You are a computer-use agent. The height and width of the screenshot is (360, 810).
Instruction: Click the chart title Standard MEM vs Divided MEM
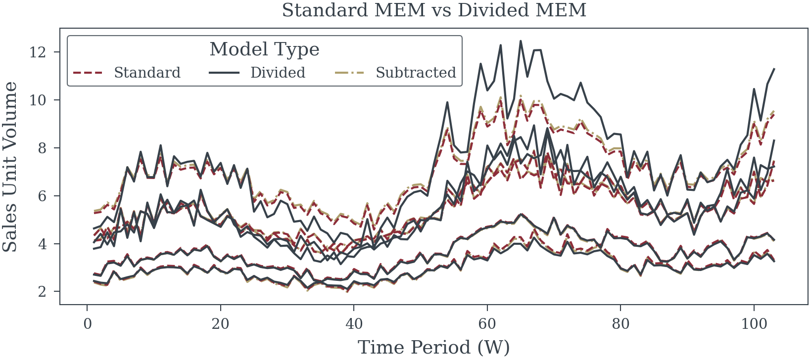click(x=434, y=10)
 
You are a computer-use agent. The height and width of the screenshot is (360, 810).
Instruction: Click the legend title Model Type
click(x=264, y=49)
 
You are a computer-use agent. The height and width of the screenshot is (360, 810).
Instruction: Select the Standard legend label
click(x=147, y=73)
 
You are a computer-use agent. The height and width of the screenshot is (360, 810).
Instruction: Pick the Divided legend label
click(x=278, y=73)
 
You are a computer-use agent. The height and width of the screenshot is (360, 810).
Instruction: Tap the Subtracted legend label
click(x=416, y=73)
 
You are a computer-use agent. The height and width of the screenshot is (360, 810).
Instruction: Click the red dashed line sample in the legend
click(x=88, y=73)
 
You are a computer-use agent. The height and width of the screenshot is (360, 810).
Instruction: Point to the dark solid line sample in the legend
click(x=224, y=73)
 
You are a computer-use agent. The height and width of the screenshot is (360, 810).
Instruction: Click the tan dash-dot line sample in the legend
click(x=350, y=73)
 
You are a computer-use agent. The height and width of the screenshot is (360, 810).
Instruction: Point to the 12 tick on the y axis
click(x=38, y=52)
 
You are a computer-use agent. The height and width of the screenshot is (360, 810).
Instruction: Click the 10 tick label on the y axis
click(x=38, y=100)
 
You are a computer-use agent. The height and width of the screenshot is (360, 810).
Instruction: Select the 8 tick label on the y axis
click(x=43, y=148)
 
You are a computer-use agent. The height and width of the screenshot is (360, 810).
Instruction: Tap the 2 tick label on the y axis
click(x=43, y=291)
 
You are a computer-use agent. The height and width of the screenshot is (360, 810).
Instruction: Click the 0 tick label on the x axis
click(x=87, y=323)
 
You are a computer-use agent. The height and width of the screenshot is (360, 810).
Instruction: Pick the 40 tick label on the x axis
click(x=354, y=323)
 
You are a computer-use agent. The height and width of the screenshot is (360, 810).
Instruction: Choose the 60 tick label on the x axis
click(x=487, y=323)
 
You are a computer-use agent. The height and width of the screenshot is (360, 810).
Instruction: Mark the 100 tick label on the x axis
click(x=754, y=323)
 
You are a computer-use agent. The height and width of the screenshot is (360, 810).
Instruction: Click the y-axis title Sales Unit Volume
click(x=10, y=167)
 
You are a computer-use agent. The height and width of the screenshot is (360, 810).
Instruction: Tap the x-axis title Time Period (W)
click(x=434, y=347)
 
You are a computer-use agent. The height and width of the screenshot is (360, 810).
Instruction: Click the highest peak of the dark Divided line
click(x=521, y=41)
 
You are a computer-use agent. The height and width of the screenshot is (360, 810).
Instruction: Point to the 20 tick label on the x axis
click(x=221, y=323)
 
